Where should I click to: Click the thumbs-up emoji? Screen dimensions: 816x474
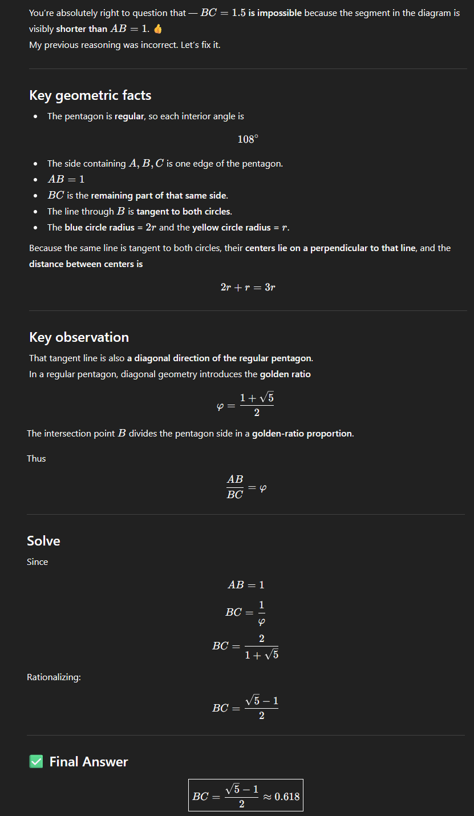point(158,29)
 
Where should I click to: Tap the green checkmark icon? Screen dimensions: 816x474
point(36,761)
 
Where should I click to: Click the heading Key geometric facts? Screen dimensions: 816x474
point(90,95)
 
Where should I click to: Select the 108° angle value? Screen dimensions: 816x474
point(248,139)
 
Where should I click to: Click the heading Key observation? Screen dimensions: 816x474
point(79,337)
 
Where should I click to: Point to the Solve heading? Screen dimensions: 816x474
point(43,540)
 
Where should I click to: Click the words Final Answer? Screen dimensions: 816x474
point(88,762)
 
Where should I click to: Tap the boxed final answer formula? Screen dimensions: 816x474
point(246,795)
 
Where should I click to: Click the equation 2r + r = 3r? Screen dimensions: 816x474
point(248,287)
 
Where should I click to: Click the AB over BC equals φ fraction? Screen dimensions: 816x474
point(246,487)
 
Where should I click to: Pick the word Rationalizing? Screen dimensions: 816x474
point(54,677)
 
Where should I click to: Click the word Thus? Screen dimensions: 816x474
point(37,458)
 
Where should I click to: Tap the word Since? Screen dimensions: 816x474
point(38,562)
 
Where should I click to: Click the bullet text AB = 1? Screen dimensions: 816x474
point(66,179)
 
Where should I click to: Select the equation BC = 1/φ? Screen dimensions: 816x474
point(246,612)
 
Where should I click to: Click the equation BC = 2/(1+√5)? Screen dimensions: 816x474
point(246,647)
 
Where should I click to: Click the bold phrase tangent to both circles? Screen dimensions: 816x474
point(184,212)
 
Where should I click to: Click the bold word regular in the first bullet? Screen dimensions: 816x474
point(129,116)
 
